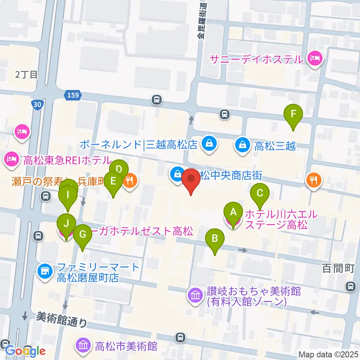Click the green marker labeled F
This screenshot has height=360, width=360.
(x=293, y=114)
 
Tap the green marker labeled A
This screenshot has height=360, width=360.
(x=233, y=212)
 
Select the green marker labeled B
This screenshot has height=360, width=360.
(x=215, y=238)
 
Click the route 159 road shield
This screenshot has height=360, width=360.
(x=73, y=95)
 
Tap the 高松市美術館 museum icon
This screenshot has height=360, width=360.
(x=82, y=345)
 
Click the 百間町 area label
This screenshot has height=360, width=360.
(x=338, y=268)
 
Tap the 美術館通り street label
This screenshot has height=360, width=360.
(x=61, y=319)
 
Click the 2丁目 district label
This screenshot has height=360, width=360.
(x=26, y=74)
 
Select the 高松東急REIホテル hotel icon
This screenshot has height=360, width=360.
(x=12, y=160)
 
